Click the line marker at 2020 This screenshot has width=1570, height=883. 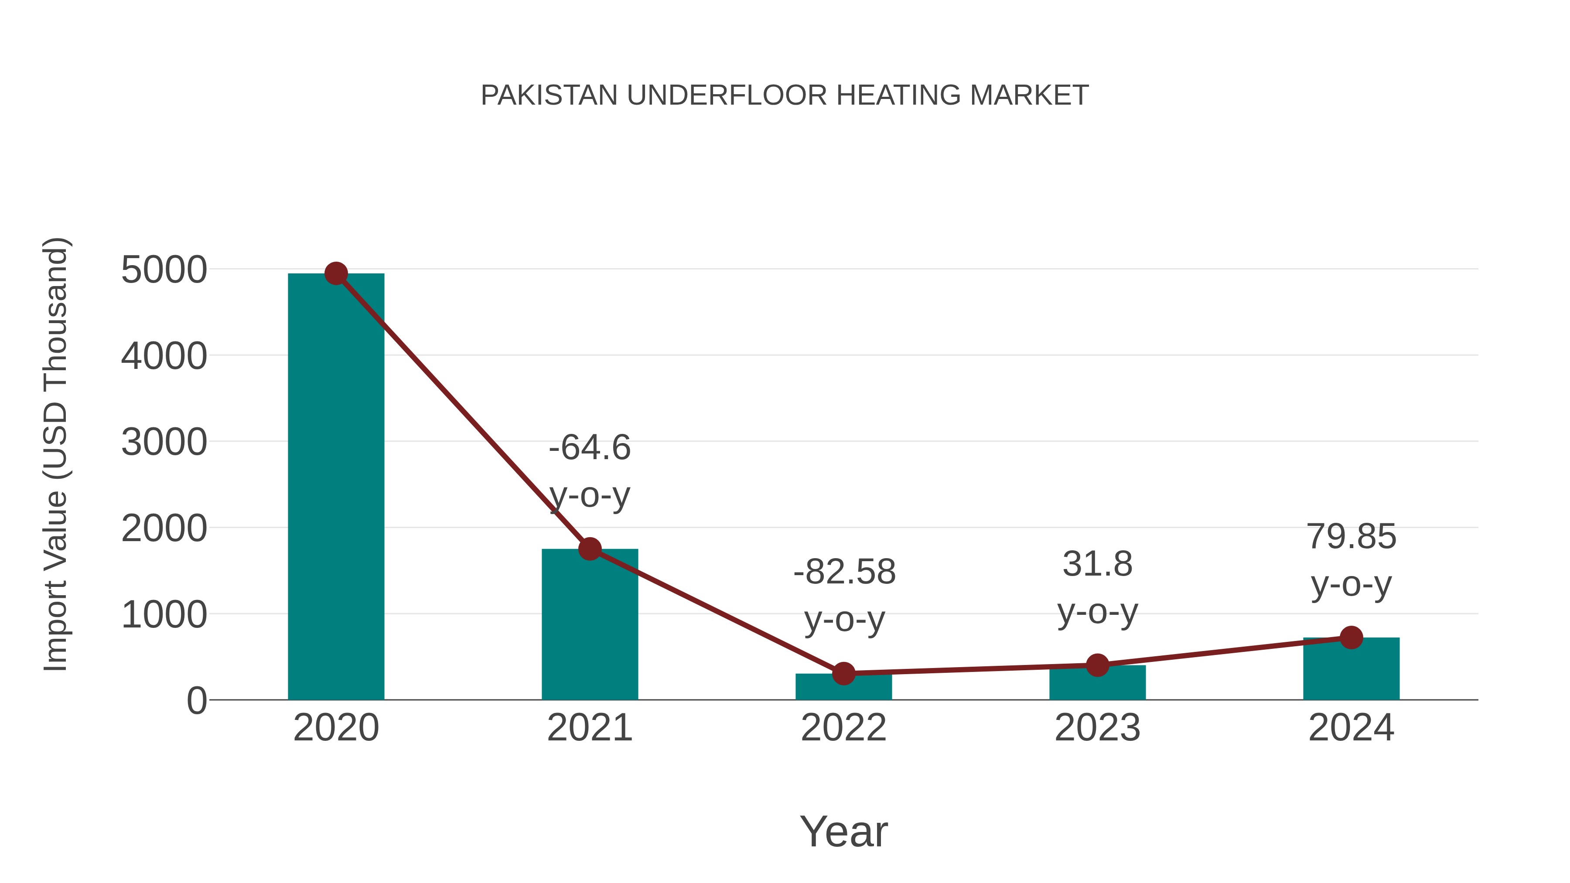(x=336, y=273)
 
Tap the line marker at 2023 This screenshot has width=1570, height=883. (x=1097, y=665)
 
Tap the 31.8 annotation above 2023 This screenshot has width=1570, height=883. (x=1097, y=564)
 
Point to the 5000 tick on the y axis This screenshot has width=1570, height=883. (x=164, y=270)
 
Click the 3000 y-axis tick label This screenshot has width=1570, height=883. (x=164, y=443)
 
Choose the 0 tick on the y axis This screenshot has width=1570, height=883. (x=197, y=701)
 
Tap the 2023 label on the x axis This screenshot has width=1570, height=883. (x=1097, y=728)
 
